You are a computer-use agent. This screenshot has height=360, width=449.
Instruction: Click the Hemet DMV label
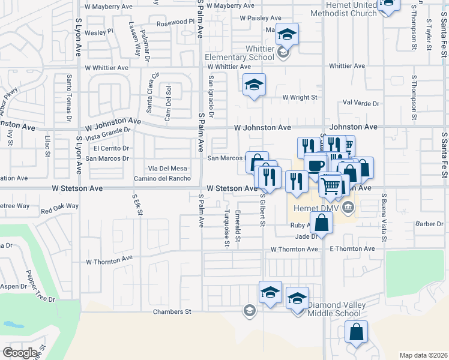point(315,209)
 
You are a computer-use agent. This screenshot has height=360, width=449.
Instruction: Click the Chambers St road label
point(172,312)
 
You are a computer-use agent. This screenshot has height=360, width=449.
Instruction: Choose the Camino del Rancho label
point(162,178)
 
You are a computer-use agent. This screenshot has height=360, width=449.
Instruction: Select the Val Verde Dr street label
point(361,103)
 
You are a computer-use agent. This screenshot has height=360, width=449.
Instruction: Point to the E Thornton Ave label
point(352,249)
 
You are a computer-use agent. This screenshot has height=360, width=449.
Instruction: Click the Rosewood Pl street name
point(176,22)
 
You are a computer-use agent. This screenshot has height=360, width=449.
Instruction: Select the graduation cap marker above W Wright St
point(254,85)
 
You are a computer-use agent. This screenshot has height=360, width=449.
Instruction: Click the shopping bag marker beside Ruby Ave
point(322,223)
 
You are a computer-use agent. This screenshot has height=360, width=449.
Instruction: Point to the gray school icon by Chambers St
point(249,310)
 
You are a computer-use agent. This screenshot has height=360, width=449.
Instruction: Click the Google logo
point(20,352)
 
